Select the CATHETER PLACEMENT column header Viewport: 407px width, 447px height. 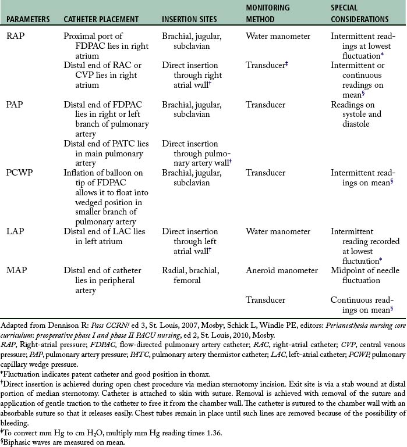101,19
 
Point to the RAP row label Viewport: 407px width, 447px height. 15,36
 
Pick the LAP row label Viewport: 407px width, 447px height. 15,232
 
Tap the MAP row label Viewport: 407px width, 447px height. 16,270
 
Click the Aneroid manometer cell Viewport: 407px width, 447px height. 281,270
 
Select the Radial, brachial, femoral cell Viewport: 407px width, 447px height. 190,276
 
